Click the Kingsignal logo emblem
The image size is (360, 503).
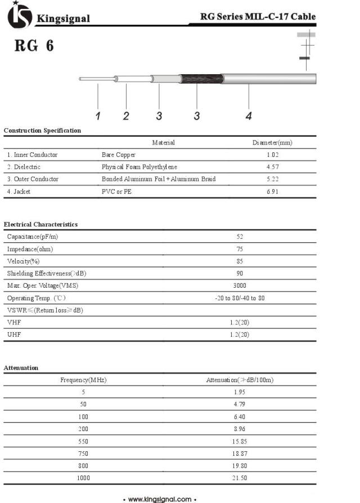click(x=19, y=16)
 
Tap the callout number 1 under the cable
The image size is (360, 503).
click(x=98, y=116)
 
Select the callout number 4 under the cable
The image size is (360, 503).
click(x=249, y=116)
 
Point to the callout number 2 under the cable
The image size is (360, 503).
click(x=126, y=116)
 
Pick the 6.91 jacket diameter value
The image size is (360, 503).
click(x=273, y=192)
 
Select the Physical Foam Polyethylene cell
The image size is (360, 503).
click(x=139, y=167)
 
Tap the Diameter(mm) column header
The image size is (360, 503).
click(x=273, y=143)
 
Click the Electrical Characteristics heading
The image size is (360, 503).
click(x=40, y=224)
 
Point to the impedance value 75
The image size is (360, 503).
click(x=240, y=249)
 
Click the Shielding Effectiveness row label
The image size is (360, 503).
click(x=47, y=273)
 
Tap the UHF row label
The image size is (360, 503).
click(x=13, y=334)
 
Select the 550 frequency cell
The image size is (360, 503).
click(x=83, y=441)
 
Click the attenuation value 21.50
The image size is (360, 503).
click(x=240, y=478)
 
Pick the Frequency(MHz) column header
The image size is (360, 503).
click(x=83, y=380)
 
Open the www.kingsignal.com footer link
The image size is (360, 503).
click(x=160, y=499)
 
